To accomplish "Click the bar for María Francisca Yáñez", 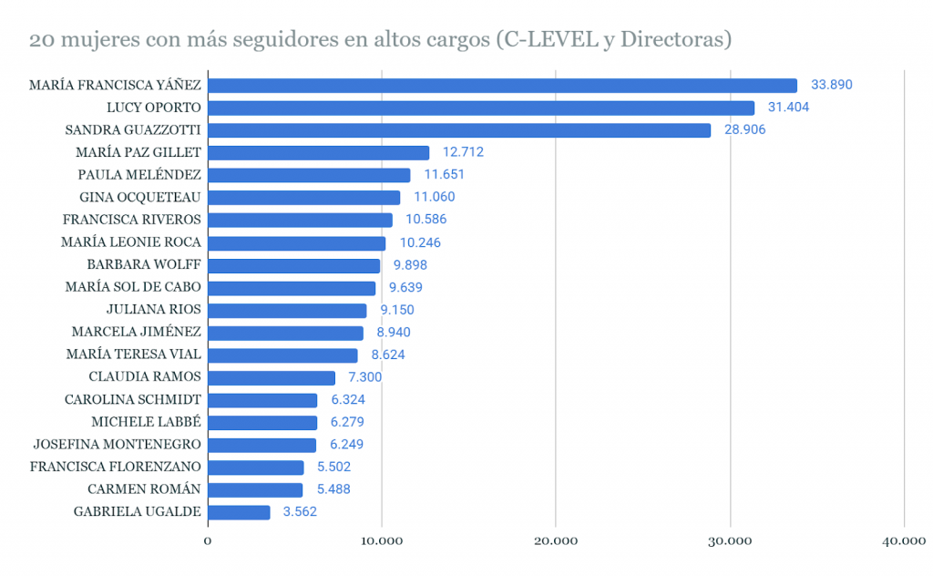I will [502, 86].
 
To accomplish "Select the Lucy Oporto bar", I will [481, 108].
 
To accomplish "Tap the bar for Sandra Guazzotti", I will [459, 130].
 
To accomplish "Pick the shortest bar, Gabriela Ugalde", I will [239, 512].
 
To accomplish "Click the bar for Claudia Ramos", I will [272, 377].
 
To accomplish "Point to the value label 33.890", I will [831, 85].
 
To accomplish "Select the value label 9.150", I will [396, 310].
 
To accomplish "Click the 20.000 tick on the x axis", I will [556, 541].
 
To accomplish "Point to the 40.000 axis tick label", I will [904, 541].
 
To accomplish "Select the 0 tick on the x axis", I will [208, 541].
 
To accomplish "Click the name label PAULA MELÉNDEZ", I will [139, 175].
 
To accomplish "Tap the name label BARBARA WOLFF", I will [144, 265].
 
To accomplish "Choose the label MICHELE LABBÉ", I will [146, 422].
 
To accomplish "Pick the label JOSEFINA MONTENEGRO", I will [117, 445].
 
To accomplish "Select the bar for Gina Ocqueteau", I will [304, 198].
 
